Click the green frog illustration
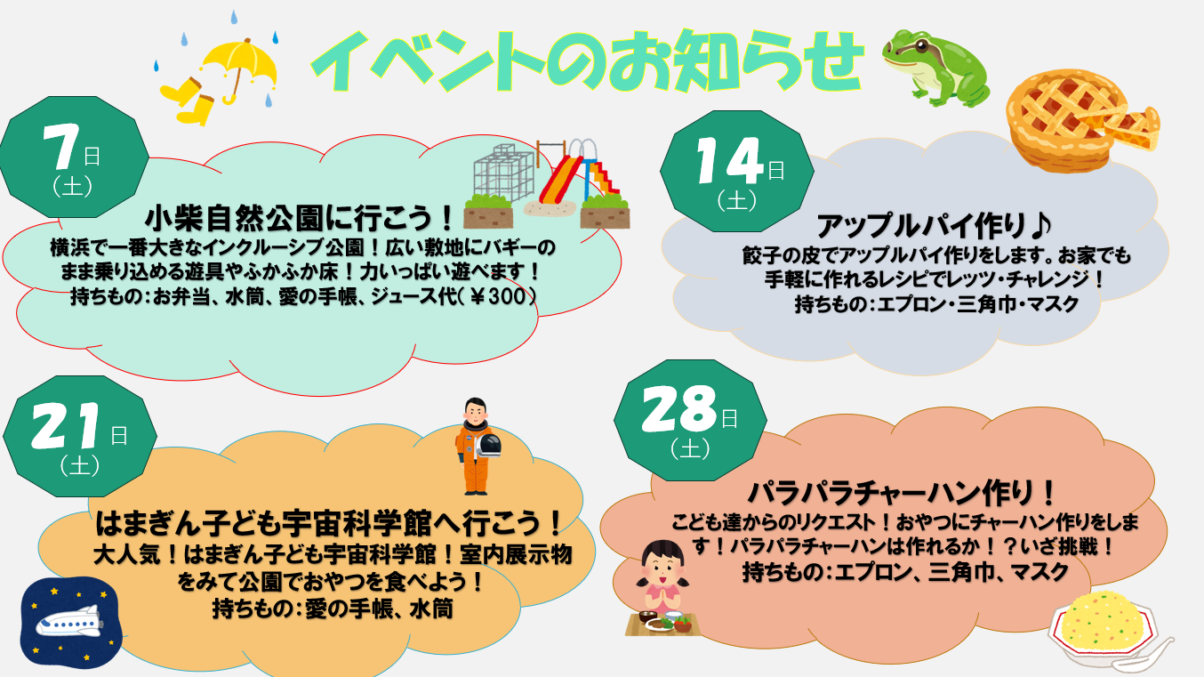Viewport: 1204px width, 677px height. (936, 68)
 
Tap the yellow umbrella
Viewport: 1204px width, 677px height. (240, 68)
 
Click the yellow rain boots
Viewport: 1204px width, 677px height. (189, 101)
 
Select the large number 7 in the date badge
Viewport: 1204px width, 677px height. (61, 146)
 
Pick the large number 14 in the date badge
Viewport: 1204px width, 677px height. (729, 160)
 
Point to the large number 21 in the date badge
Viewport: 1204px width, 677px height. (66, 425)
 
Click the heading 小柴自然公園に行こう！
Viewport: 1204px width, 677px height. (300, 218)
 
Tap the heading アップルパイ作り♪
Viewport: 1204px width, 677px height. (934, 225)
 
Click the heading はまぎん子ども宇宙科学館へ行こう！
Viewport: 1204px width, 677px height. (329, 523)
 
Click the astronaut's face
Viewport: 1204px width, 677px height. (475, 414)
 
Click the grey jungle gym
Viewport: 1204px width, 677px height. (503, 172)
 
